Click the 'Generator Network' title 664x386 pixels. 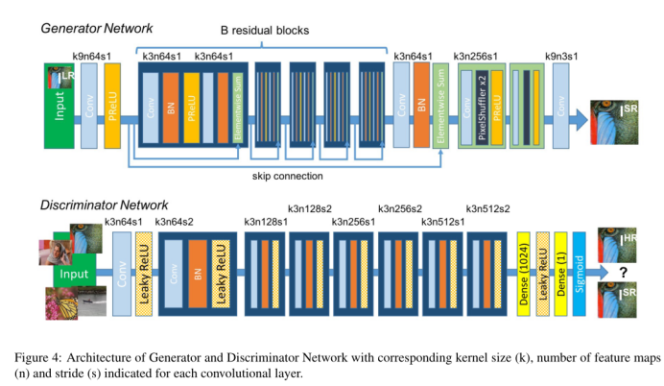[99, 29]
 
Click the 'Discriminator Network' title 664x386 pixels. [105, 205]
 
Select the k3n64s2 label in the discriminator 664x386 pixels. [178, 224]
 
